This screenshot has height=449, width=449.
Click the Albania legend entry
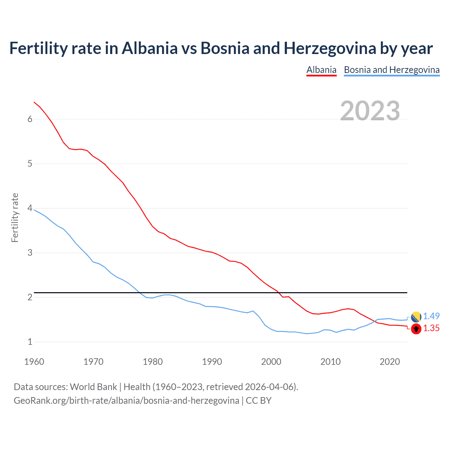(321, 70)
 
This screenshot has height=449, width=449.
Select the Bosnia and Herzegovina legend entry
(391, 70)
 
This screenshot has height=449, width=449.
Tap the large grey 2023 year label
(370, 111)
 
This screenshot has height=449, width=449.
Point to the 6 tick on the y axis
(30, 119)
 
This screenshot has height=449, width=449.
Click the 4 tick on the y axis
(30, 208)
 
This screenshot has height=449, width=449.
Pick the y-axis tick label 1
(30, 342)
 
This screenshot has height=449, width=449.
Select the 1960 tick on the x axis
(34, 362)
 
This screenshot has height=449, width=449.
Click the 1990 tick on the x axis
(212, 362)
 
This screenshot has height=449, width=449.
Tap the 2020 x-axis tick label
(390, 362)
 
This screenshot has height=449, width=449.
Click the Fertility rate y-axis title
(15, 217)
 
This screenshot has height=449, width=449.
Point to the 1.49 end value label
(431, 316)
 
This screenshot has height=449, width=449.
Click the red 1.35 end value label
(431, 328)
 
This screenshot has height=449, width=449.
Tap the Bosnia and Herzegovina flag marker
(416, 317)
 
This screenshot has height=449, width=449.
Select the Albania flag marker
(416, 329)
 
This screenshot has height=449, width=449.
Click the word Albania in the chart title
(150, 48)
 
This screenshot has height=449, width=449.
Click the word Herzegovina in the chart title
(330, 48)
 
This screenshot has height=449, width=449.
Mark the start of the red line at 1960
(34, 102)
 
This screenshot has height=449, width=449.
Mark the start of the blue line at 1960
(34, 210)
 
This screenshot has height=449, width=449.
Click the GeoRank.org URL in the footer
(126, 401)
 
